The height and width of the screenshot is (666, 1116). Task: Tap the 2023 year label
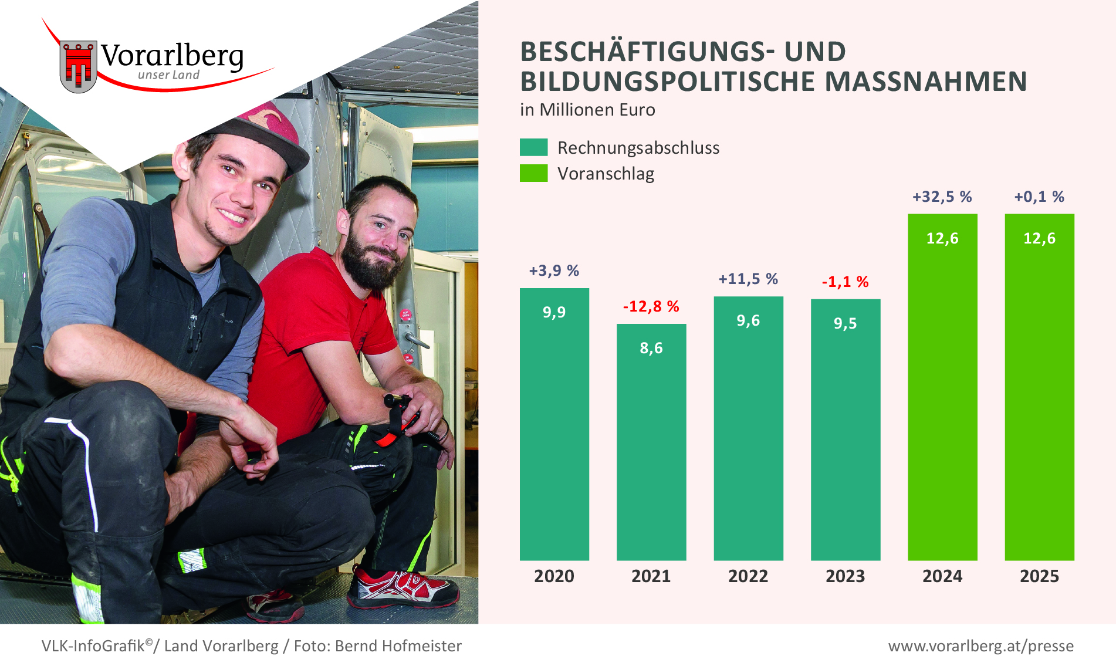pyautogui.click(x=845, y=576)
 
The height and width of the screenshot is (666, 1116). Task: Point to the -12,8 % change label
pyautogui.click(x=651, y=306)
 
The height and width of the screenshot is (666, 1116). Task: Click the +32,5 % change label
pyautogui.click(x=942, y=197)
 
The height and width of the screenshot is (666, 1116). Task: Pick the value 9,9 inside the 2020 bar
pyautogui.click(x=554, y=312)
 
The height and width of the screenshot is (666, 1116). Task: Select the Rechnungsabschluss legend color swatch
pyautogui.click(x=533, y=147)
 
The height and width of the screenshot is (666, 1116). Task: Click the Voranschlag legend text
pyautogui.click(x=606, y=174)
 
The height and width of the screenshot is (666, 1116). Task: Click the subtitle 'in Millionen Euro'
pyautogui.click(x=587, y=110)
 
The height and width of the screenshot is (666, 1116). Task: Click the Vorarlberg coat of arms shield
pyautogui.click(x=78, y=66)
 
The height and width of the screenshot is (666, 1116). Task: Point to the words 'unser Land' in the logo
pyautogui.click(x=168, y=75)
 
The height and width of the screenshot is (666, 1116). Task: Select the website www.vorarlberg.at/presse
pyautogui.click(x=980, y=646)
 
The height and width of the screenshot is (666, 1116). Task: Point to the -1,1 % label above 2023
pyautogui.click(x=845, y=282)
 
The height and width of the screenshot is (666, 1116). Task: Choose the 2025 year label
pyautogui.click(x=1039, y=576)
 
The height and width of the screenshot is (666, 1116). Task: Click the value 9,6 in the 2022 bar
pyautogui.click(x=748, y=320)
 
